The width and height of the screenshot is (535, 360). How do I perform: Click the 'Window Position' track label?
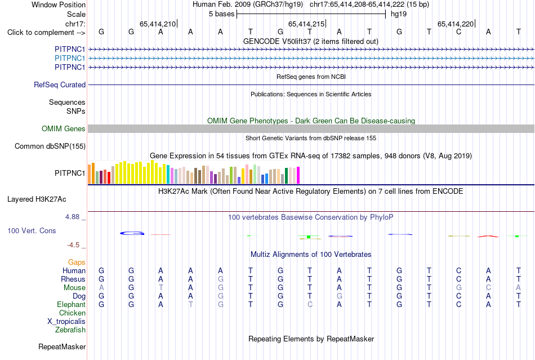click(x=59, y=5)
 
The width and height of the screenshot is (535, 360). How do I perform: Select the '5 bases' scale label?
click(x=222, y=14)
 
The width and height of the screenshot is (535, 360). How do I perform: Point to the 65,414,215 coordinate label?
click(x=306, y=24)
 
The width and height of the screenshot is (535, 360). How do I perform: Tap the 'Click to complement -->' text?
click(x=46, y=33)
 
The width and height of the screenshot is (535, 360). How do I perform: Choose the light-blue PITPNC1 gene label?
click(x=70, y=59)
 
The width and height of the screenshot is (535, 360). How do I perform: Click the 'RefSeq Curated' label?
click(x=60, y=85)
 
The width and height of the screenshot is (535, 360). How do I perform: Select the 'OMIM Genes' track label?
click(x=64, y=128)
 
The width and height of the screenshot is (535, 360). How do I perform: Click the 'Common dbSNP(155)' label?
click(x=50, y=146)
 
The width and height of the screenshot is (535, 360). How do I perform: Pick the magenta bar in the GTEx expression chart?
click(x=298, y=175)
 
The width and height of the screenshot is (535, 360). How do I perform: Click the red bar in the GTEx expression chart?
click(x=109, y=178)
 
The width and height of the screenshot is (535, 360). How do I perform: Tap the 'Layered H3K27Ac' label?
click(x=37, y=199)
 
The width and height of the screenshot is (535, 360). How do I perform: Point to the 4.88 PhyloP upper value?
click(x=73, y=217)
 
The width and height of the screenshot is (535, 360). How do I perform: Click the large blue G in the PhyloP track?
click(x=132, y=233)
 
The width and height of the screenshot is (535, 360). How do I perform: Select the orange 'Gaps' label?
click(x=77, y=262)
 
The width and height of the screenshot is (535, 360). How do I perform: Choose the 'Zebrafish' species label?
click(x=70, y=330)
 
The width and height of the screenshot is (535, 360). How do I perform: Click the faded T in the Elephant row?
click(x=190, y=304)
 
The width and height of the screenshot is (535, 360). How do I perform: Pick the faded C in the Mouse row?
click(x=488, y=288)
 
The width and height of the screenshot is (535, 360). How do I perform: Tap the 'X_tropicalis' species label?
click(x=66, y=322)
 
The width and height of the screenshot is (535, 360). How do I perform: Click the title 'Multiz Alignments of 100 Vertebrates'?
click(x=311, y=254)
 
